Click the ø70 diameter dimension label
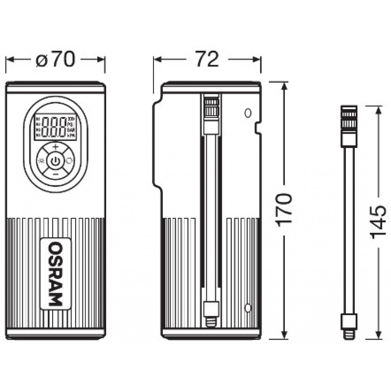[55, 60]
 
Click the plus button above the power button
[56, 147]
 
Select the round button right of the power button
[69, 161]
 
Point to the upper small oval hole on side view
[248, 113]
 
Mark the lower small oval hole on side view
[248, 307]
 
